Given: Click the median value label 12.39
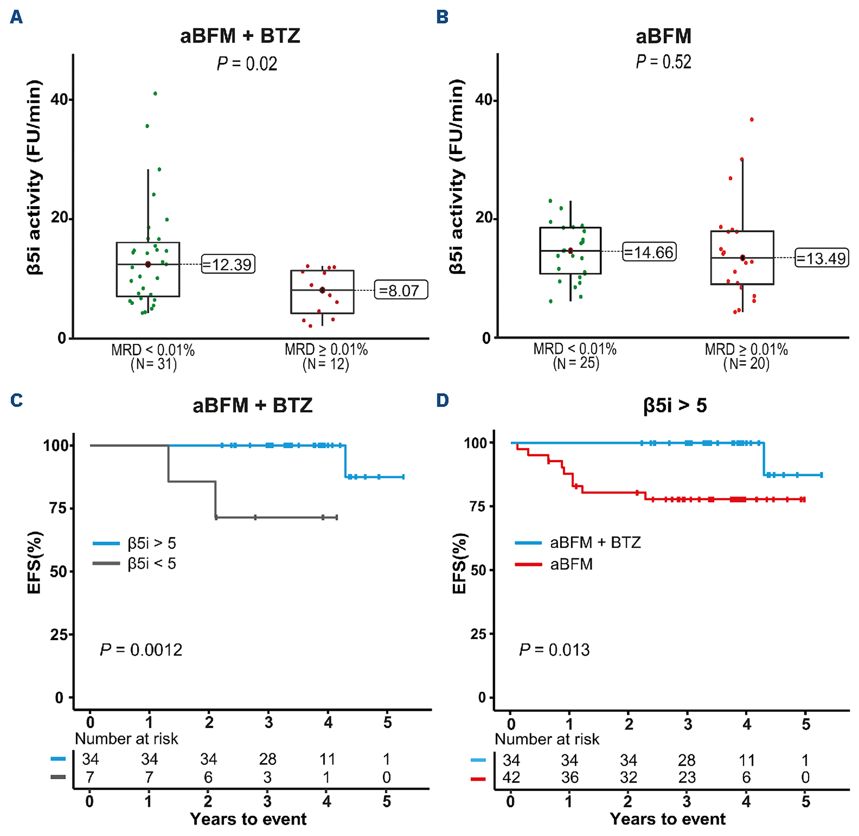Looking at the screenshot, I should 228,264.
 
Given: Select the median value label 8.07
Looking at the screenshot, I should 401,290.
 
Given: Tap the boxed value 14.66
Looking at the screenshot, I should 649,252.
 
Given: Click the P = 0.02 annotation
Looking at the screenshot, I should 247,64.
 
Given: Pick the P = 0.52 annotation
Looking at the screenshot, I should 663,62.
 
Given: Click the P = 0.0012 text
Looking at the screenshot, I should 141,650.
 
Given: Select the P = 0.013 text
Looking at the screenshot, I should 554,650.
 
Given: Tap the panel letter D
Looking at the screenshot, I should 442,400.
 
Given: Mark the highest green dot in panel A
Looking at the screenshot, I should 155,94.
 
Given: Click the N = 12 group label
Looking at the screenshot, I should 326,364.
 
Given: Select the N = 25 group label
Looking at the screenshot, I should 576,363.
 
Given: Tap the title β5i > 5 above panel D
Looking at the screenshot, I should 674,405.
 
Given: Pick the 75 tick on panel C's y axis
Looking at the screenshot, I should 58,509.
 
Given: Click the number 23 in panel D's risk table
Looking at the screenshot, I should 687,778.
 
